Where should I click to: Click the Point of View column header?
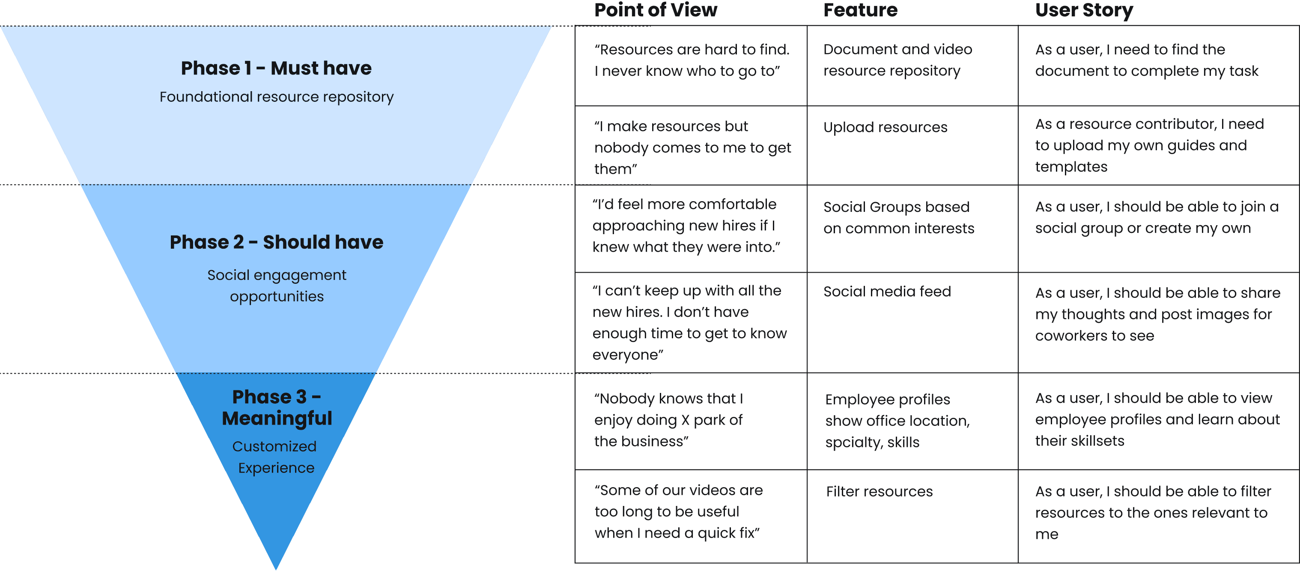pos(655,10)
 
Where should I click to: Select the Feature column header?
pos(860,10)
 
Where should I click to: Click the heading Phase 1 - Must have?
pos(276,68)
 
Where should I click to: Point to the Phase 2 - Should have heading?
pos(276,242)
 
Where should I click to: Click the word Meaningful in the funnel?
pos(277,419)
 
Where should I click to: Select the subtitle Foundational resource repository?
pos(276,97)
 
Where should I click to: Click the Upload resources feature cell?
pos(885,127)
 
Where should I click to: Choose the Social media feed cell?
pos(887,291)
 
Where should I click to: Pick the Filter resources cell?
pos(879,491)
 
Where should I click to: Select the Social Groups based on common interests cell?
pos(898,217)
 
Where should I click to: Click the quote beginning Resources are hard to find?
pos(692,60)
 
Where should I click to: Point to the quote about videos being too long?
pos(678,512)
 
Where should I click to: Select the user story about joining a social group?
pos(1156,217)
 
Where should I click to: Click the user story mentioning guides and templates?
pos(1148,145)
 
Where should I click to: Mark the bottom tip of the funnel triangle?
pos(276,567)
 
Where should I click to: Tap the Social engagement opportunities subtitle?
pos(277,285)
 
